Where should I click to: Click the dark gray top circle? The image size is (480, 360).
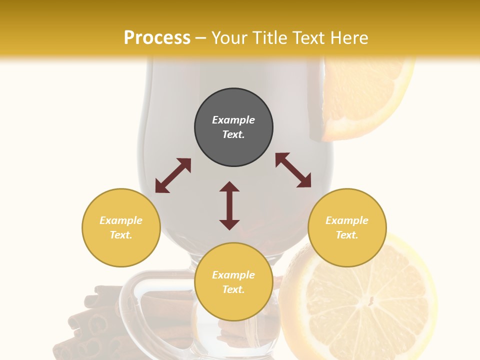click(x=233, y=127)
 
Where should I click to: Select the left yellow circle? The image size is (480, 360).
click(x=121, y=227)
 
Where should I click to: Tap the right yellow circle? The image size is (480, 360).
click(x=347, y=227)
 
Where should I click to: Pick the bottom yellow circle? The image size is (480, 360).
click(x=233, y=282)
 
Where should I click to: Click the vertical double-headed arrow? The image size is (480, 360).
click(x=229, y=205)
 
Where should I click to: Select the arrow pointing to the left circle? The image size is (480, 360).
click(x=173, y=175)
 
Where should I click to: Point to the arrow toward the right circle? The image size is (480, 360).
click(x=293, y=170)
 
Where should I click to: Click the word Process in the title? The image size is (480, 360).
click(x=157, y=38)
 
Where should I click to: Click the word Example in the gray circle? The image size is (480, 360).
click(x=233, y=120)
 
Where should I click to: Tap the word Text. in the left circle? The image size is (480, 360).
click(x=121, y=235)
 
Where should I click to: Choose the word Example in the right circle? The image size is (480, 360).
click(x=347, y=220)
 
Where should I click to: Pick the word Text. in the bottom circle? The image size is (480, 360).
click(x=233, y=289)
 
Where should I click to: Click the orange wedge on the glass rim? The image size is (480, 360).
click(x=362, y=100)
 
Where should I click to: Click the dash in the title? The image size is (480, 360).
click(x=201, y=38)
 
